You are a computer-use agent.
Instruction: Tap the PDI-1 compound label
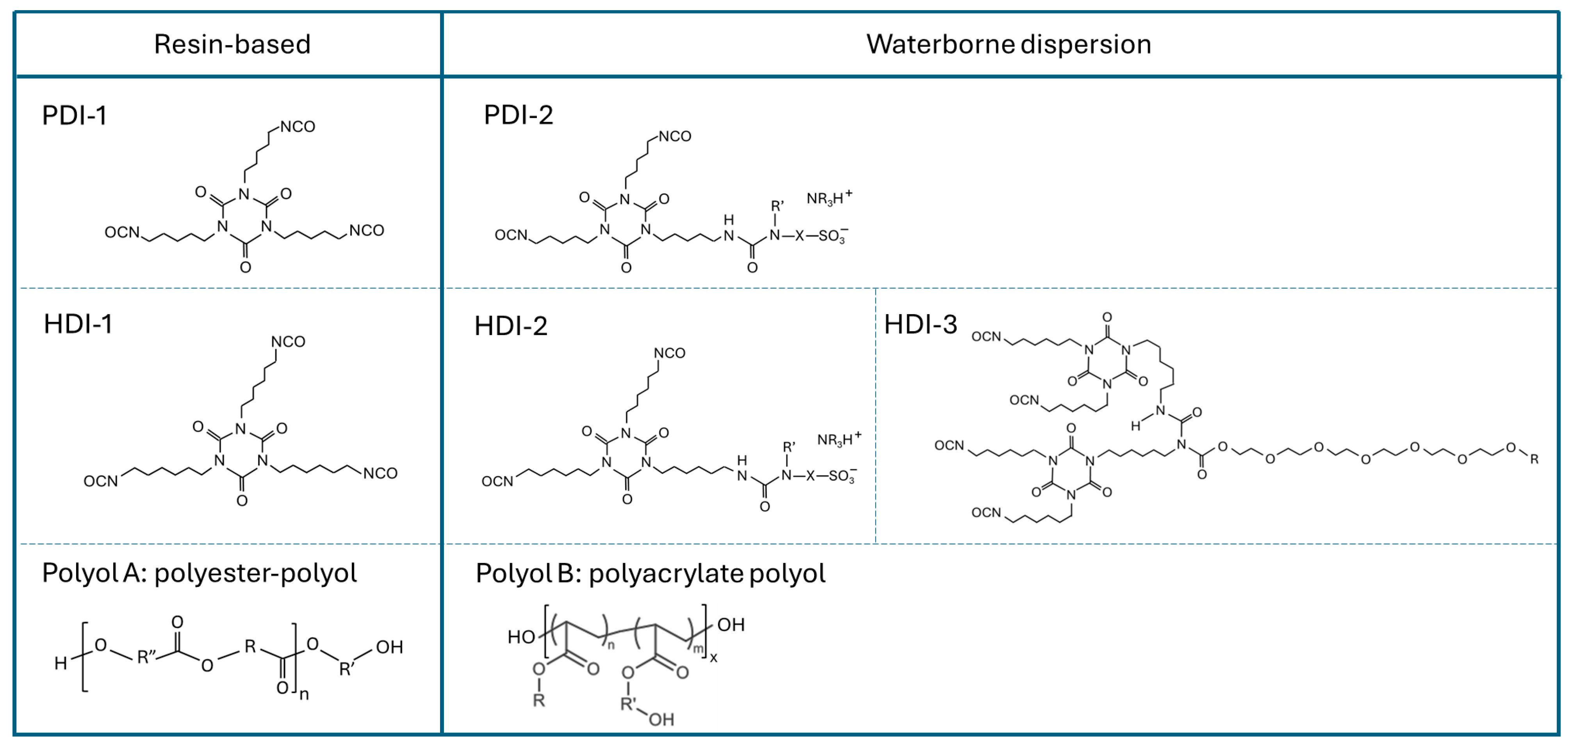pos(74,115)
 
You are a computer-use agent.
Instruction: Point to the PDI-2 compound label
pos(518,115)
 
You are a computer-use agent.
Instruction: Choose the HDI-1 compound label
pos(78,324)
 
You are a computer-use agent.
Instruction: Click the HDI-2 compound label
pos(511,326)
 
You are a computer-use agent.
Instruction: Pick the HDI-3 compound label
pos(920,324)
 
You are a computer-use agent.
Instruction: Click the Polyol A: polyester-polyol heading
pos(199,573)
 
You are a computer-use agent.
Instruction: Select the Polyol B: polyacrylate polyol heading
pos(650,573)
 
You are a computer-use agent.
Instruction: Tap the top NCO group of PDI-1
pos(298,127)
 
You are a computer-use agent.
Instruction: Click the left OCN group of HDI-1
pos(101,482)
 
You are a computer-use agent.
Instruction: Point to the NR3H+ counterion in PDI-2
pos(829,198)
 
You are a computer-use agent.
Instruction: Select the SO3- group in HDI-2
pos(842,476)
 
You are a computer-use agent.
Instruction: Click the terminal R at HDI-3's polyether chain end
pos(1534,459)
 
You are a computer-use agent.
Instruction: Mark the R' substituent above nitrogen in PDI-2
pos(777,206)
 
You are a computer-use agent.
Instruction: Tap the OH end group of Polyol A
pos(389,647)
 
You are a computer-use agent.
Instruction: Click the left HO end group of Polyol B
pos(521,637)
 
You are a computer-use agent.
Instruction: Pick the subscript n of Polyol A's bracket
pos(304,694)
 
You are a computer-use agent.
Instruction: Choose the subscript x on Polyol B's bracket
pos(714,658)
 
